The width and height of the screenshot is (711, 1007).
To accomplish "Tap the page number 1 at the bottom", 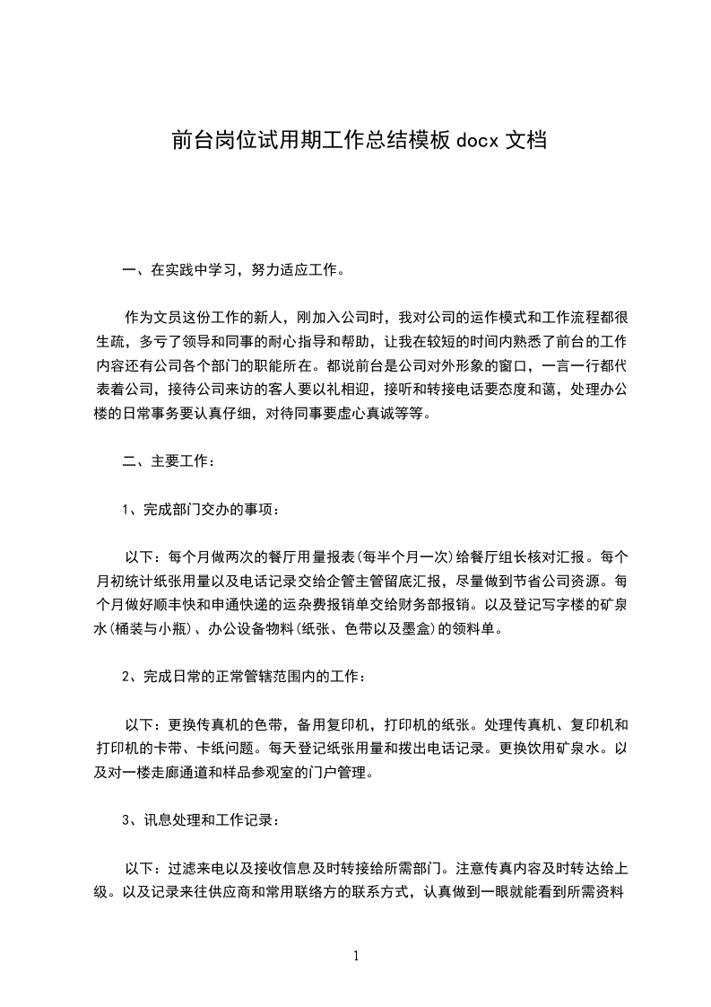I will click(356, 955).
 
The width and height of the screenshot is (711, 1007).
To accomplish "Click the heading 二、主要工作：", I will click(168, 462).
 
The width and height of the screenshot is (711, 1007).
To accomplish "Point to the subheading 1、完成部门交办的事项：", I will click(200, 511).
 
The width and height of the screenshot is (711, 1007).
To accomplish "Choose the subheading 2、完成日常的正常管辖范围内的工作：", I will click(243, 677).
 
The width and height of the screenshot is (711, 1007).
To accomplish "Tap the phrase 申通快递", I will click(254, 604).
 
